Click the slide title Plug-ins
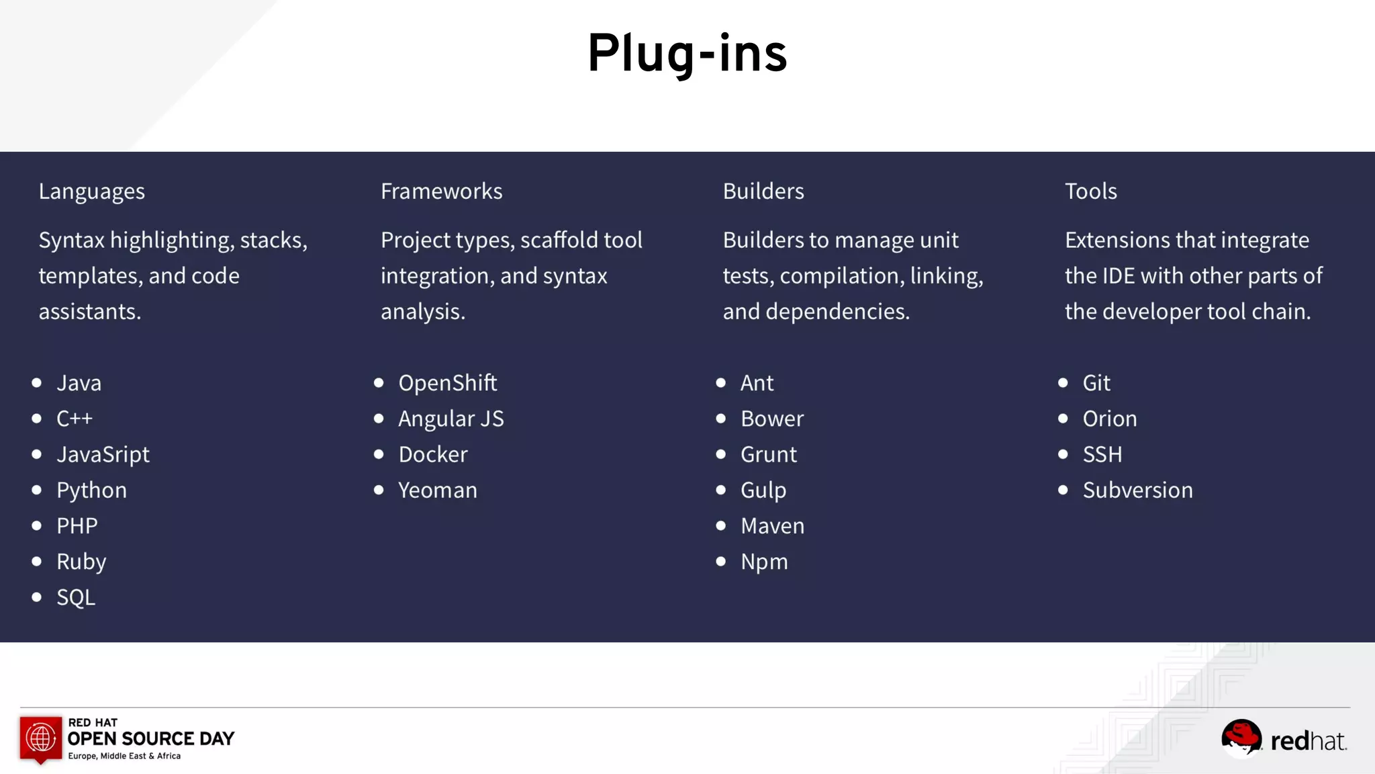[687, 54]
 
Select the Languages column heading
[91, 191]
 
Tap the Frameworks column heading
[441, 191]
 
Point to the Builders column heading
[763, 191]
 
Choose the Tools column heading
[1091, 191]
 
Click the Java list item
[79, 383]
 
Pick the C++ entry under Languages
[75, 419]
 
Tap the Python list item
[91, 490]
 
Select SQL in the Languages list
[76, 597]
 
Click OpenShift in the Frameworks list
[448, 383]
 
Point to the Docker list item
[433, 455]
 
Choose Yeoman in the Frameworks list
[438, 490]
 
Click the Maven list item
[772, 526]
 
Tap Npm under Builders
[764, 562]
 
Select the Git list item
[1096, 383]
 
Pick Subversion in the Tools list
[1138, 490]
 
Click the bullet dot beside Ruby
[37, 561]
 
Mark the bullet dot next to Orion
[1063, 419]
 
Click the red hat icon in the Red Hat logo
[1241, 737]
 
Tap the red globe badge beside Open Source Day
[41, 738]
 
